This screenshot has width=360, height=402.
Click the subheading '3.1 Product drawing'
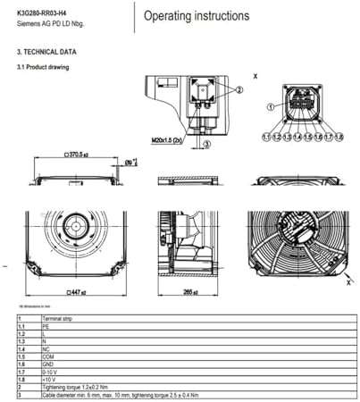click(x=43, y=67)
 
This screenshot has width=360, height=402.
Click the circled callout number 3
click(x=206, y=143)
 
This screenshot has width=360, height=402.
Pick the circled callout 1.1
click(x=265, y=137)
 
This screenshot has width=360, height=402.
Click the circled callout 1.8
click(x=338, y=137)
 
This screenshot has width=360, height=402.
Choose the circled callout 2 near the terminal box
click(x=239, y=89)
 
